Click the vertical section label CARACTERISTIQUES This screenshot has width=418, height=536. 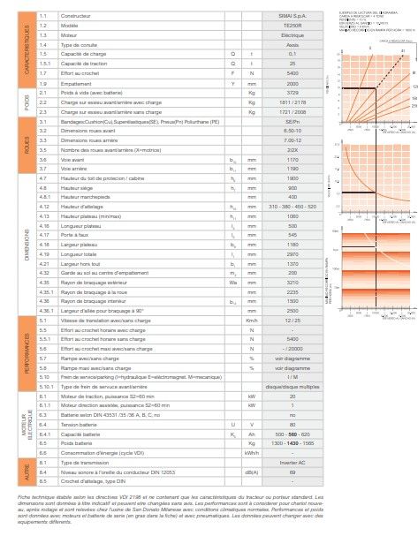click(x=27, y=49)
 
